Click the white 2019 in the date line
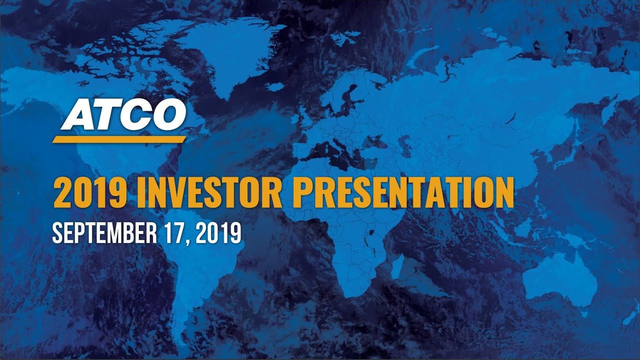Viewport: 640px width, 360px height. [218, 233]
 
